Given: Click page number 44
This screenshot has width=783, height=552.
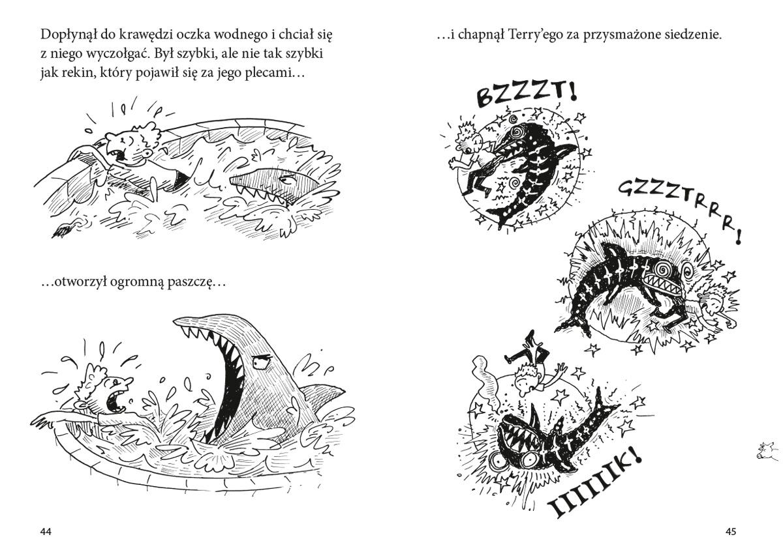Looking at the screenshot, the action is [x=46, y=531].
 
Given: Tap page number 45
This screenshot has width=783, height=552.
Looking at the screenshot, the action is [x=731, y=531].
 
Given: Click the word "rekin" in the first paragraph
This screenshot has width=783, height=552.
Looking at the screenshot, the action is [x=77, y=74].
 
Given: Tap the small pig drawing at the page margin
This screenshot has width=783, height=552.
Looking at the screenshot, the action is [x=769, y=452].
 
